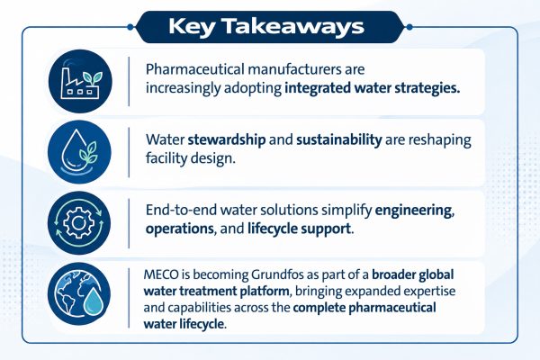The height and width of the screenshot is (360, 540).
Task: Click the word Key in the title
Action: [x=192, y=27]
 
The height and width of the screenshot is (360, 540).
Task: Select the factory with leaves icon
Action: [x=80, y=81]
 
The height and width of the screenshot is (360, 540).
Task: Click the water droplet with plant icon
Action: [x=79, y=152]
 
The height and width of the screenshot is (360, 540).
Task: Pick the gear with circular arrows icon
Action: [x=79, y=223]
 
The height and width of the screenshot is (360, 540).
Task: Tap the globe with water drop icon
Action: [x=79, y=294]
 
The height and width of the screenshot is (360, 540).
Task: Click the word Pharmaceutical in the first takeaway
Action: [x=194, y=69]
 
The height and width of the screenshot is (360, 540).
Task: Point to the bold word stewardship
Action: [x=227, y=139]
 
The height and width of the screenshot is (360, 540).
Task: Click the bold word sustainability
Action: [x=339, y=139]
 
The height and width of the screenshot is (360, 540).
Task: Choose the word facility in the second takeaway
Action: [x=166, y=158]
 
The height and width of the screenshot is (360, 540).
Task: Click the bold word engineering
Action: [x=413, y=211]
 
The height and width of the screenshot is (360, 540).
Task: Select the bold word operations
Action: [x=179, y=229]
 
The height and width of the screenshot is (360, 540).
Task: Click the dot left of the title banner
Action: [x=130, y=27]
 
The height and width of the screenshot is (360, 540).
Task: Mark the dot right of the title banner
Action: [x=409, y=27]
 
